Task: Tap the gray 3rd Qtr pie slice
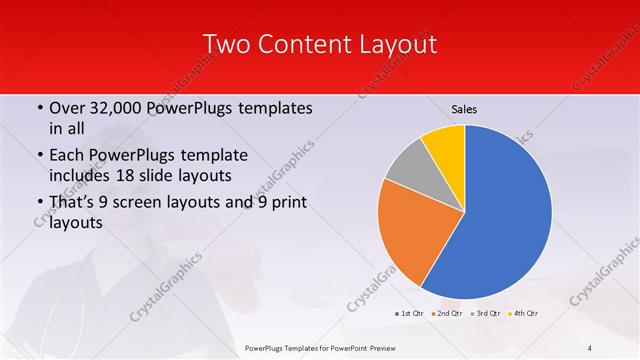tap(409, 175)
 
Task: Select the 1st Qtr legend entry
tap(409, 314)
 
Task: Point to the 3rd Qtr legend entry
tap(485, 314)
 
